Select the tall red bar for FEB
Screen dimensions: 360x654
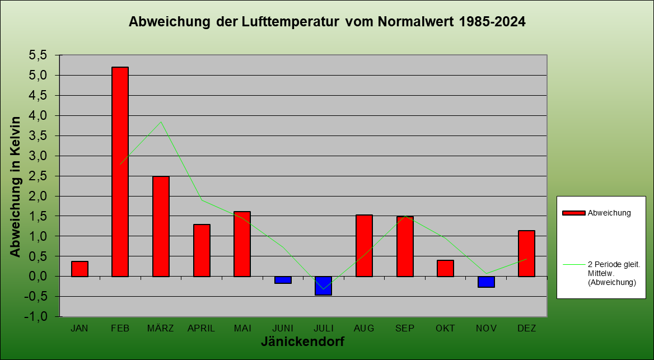pos(120,171)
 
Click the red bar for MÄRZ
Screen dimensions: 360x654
pos(161,226)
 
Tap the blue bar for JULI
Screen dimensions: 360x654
pos(323,286)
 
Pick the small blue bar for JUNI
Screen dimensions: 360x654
pos(283,280)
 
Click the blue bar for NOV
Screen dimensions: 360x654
pos(486,282)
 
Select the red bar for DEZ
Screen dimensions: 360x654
pos(526,253)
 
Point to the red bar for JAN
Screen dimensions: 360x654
pos(80,269)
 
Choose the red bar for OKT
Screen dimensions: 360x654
pos(445,268)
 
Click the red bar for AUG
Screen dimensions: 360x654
pos(364,245)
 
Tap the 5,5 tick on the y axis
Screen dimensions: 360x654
pos(40,55)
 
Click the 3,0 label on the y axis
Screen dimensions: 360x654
pos(40,156)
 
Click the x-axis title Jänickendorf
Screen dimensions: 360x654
pos(302,342)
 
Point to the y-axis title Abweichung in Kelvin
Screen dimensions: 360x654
pos(16,186)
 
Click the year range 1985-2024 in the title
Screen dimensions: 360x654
pos(492,22)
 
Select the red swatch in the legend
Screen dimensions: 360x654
pos(573,213)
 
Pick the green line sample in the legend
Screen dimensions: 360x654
pos(573,264)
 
